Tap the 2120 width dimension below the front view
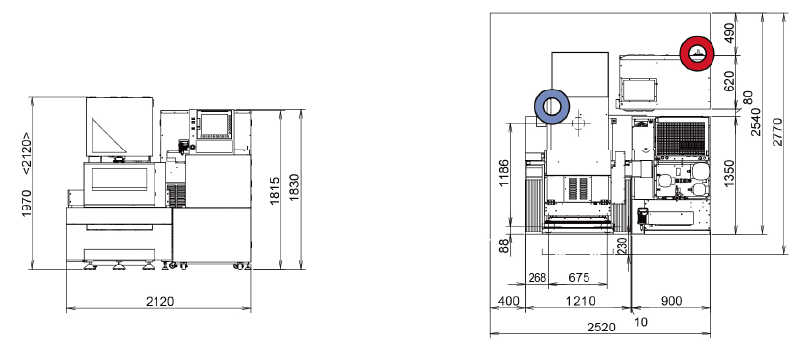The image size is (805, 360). pos(159,301)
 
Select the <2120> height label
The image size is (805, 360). pos(26,153)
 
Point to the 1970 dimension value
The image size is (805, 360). pos(27,203)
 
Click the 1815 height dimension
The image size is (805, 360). pos(275,190)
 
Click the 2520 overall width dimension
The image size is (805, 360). pos(601,328)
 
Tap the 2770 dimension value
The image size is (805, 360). pos(777,131)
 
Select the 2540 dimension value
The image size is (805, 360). pos(756,122)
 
